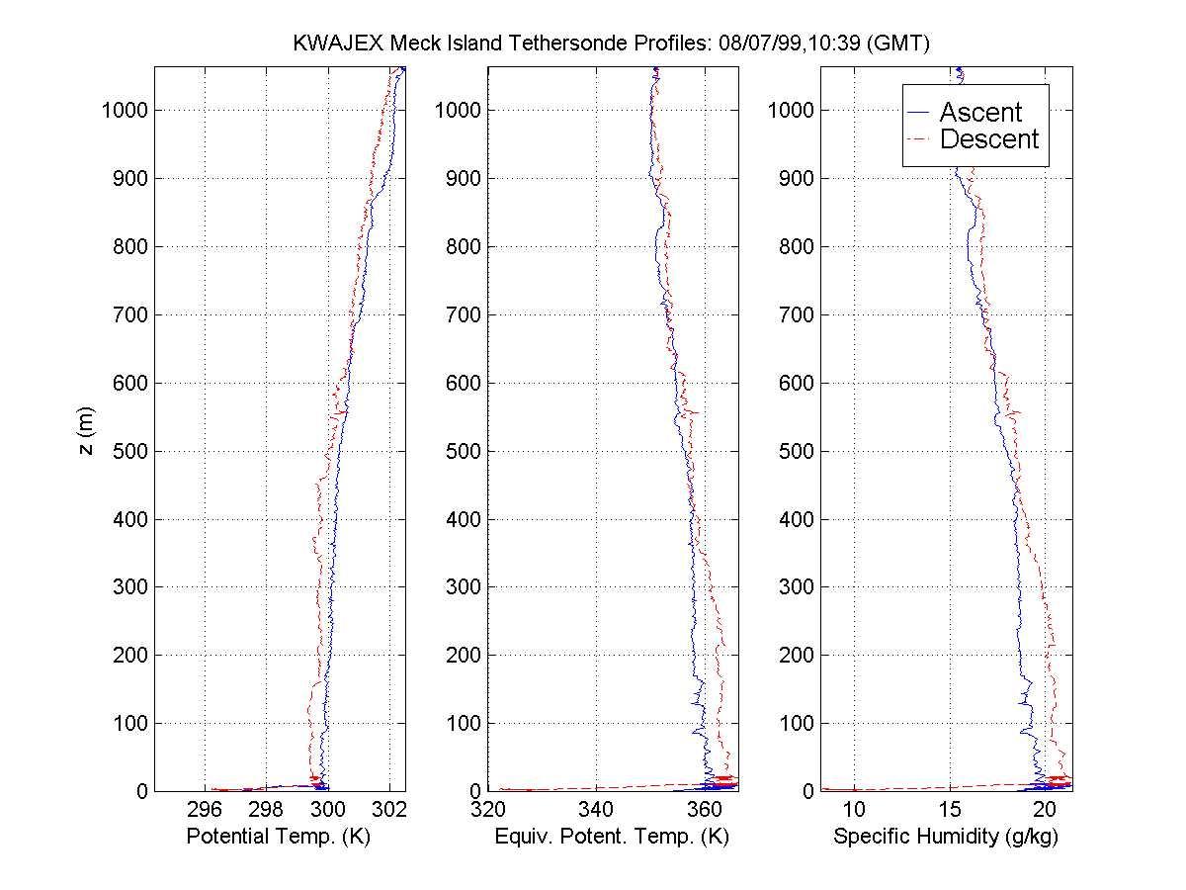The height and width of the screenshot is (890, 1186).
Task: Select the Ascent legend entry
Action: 979,112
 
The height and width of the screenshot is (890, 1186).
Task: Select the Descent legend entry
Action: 988,139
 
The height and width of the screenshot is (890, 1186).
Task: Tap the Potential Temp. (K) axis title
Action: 278,837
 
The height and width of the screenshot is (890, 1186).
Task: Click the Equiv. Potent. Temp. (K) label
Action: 613,837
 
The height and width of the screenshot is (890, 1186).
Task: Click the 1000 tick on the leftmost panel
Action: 125,110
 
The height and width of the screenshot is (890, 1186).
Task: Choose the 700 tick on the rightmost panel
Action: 796,314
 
